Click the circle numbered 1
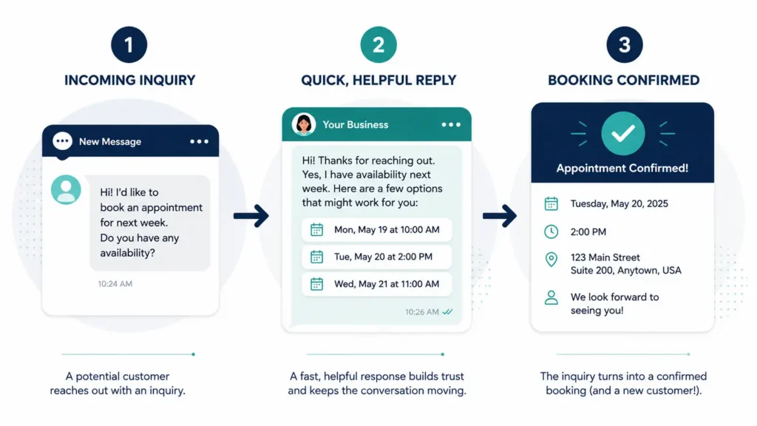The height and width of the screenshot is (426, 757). pos(129,44)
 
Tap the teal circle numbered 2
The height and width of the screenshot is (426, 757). pos(378,44)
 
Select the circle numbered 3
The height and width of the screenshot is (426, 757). pos(624,44)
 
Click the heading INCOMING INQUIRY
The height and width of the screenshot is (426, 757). pos(130,80)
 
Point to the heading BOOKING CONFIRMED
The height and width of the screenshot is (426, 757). pos(623,80)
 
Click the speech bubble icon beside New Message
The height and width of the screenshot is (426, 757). pos(62,142)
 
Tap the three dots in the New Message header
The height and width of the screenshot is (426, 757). pos(199,141)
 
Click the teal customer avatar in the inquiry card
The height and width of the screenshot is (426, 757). pos(66,189)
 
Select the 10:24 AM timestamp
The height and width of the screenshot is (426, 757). pos(115,284)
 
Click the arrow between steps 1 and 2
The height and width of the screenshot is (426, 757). pos(251,216)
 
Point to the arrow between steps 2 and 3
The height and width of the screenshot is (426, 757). pos(500,216)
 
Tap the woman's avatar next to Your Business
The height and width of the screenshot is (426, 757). pos(304,124)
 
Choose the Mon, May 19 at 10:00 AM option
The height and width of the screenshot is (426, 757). pos(376,230)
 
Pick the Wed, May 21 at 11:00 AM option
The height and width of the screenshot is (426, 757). pos(376,284)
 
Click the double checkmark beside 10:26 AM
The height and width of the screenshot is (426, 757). pos(447,312)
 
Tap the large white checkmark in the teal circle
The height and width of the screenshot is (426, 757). pos(622,133)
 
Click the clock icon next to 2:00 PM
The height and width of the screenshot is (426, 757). pos(551,231)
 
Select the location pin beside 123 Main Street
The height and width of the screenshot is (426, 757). pos(551,260)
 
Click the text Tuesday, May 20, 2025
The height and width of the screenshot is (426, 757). pos(619,204)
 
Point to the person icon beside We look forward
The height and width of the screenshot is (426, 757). pos(551,297)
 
